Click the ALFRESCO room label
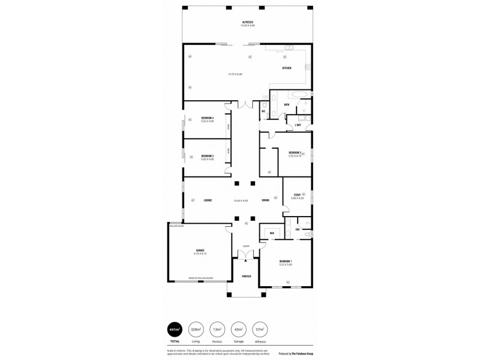(x=248, y=22)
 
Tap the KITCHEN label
(x=287, y=68)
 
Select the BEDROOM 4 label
(x=208, y=118)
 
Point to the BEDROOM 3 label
(x=208, y=155)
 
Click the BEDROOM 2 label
(x=294, y=152)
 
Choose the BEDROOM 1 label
(x=286, y=261)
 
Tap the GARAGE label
(x=200, y=250)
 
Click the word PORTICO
(x=246, y=275)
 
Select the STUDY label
(x=297, y=194)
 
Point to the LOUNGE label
(x=208, y=200)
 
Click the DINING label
(x=265, y=200)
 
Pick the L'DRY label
(x=298, y=125)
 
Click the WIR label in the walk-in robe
(x=272, y=233)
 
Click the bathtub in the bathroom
(x=296, y=95)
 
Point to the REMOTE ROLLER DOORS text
(x=201, y=278)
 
